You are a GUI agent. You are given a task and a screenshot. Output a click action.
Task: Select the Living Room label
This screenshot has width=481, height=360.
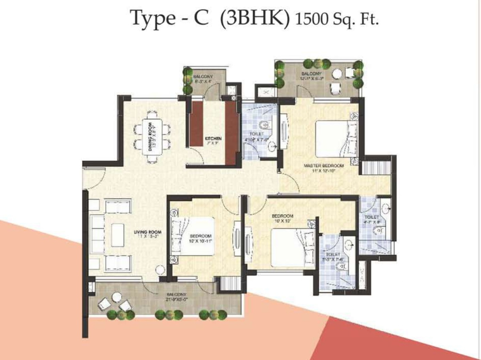pyautogui.click(x=147, y=234)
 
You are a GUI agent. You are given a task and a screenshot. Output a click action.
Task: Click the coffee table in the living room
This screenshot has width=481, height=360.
pyautogui.click(x=117, y=235)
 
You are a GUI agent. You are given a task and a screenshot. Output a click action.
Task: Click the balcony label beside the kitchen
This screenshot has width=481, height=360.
pyautogui.click(x=203, y=79)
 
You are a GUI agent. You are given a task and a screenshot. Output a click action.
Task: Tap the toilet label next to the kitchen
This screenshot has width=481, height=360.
pyautogui.click(x=255, y=137)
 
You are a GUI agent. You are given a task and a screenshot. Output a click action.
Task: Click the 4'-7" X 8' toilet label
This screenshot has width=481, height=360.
pyautogui.click(x=372, y=220)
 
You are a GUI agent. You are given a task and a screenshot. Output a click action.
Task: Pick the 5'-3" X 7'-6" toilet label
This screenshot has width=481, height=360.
pyautogui.click(x=333, y=257)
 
